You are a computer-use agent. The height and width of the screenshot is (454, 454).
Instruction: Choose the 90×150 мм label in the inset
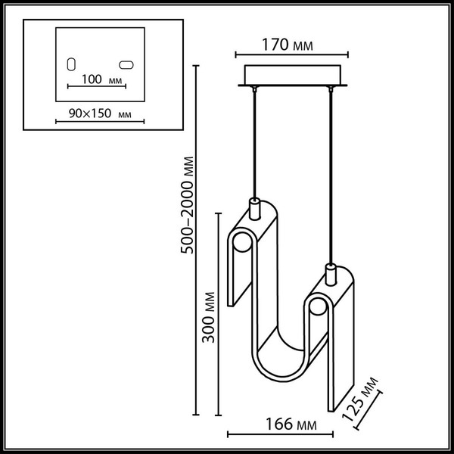(x=95, y=113)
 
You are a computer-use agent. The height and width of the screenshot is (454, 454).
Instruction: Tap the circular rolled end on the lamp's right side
(x=317, y=310)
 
